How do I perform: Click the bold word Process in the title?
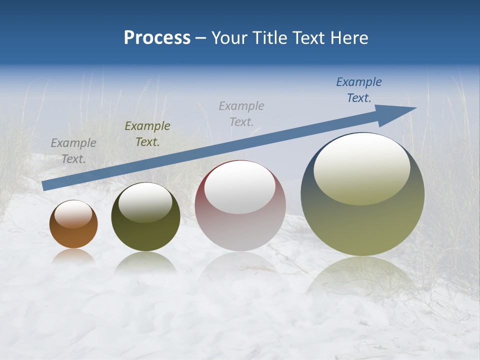pos(157,38)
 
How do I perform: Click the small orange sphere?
pos(73,235)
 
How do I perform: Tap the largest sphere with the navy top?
pos(362,225)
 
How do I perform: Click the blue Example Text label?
pos(359,90)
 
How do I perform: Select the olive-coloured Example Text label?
pos(147,134)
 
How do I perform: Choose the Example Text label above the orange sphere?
pos(73,151)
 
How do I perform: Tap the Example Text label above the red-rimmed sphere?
pos(241,113)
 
